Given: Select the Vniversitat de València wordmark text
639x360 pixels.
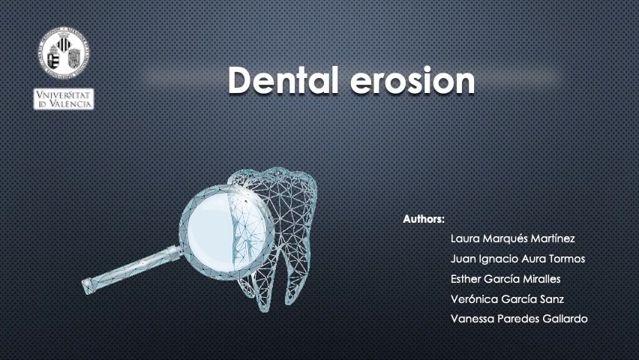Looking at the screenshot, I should point(64,99).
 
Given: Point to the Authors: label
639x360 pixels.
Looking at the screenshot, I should point(424,220).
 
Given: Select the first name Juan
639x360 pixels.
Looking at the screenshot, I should point(463,259).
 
